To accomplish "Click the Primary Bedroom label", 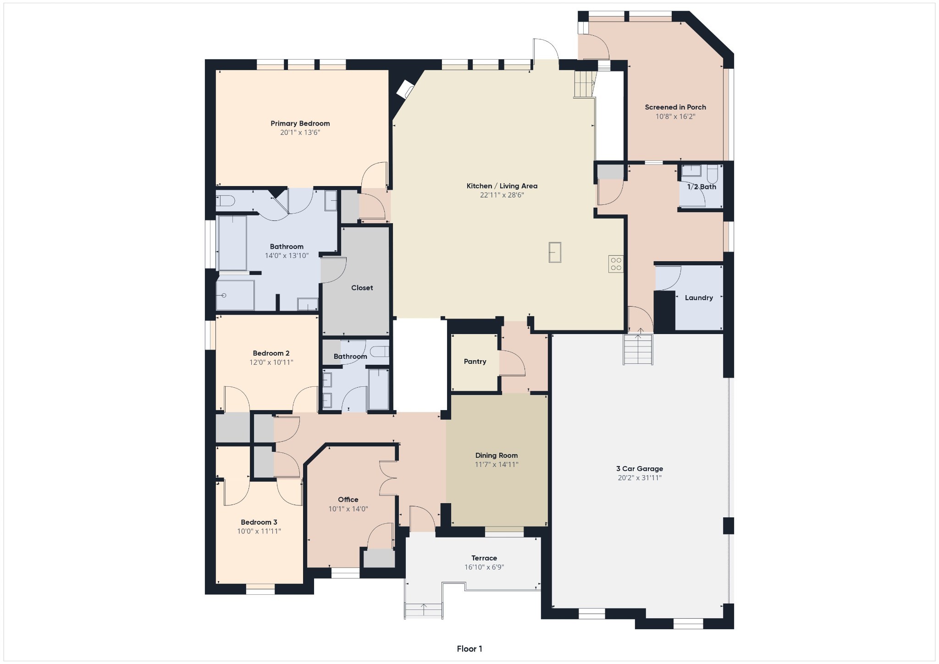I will click(300, 123).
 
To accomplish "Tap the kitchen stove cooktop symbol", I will click(616, 263).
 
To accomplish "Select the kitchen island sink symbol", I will click(555, 252).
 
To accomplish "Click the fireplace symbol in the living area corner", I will click(405, 89).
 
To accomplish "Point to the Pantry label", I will click(475, 362).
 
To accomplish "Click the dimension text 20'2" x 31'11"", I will click(639, 478).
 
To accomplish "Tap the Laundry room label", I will click(698, 298).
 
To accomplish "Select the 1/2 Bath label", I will click(701, 187).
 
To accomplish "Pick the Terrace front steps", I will click(424, 610).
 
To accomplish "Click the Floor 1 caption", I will click(469, 649).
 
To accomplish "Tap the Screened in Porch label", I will click(675, 107).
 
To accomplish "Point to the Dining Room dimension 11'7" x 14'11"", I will click(496, 465).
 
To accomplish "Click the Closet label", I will click(362, 288).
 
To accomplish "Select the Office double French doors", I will click(388, 478).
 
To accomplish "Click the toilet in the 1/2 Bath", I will click(712, 174).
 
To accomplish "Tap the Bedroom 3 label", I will click(259, 522).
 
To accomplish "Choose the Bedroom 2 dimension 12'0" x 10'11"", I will click(271, 362).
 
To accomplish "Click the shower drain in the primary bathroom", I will click(224, 296).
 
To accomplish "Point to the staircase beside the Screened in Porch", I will click(584, 84).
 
